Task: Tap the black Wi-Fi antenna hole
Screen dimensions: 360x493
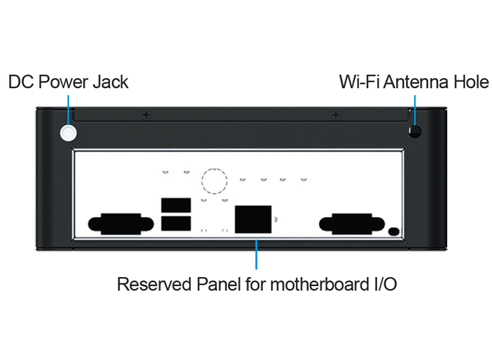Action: click(416, 132)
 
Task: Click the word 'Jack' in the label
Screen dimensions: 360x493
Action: click(110, 82)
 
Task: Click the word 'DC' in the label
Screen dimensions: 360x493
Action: click(21, 82)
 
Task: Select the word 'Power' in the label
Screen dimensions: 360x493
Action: click(62, 82)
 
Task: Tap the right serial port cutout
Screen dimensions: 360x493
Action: click(343, 224)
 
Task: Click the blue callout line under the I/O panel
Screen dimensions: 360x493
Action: click(256, 256)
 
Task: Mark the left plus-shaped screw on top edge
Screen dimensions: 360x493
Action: click(145, 115)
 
